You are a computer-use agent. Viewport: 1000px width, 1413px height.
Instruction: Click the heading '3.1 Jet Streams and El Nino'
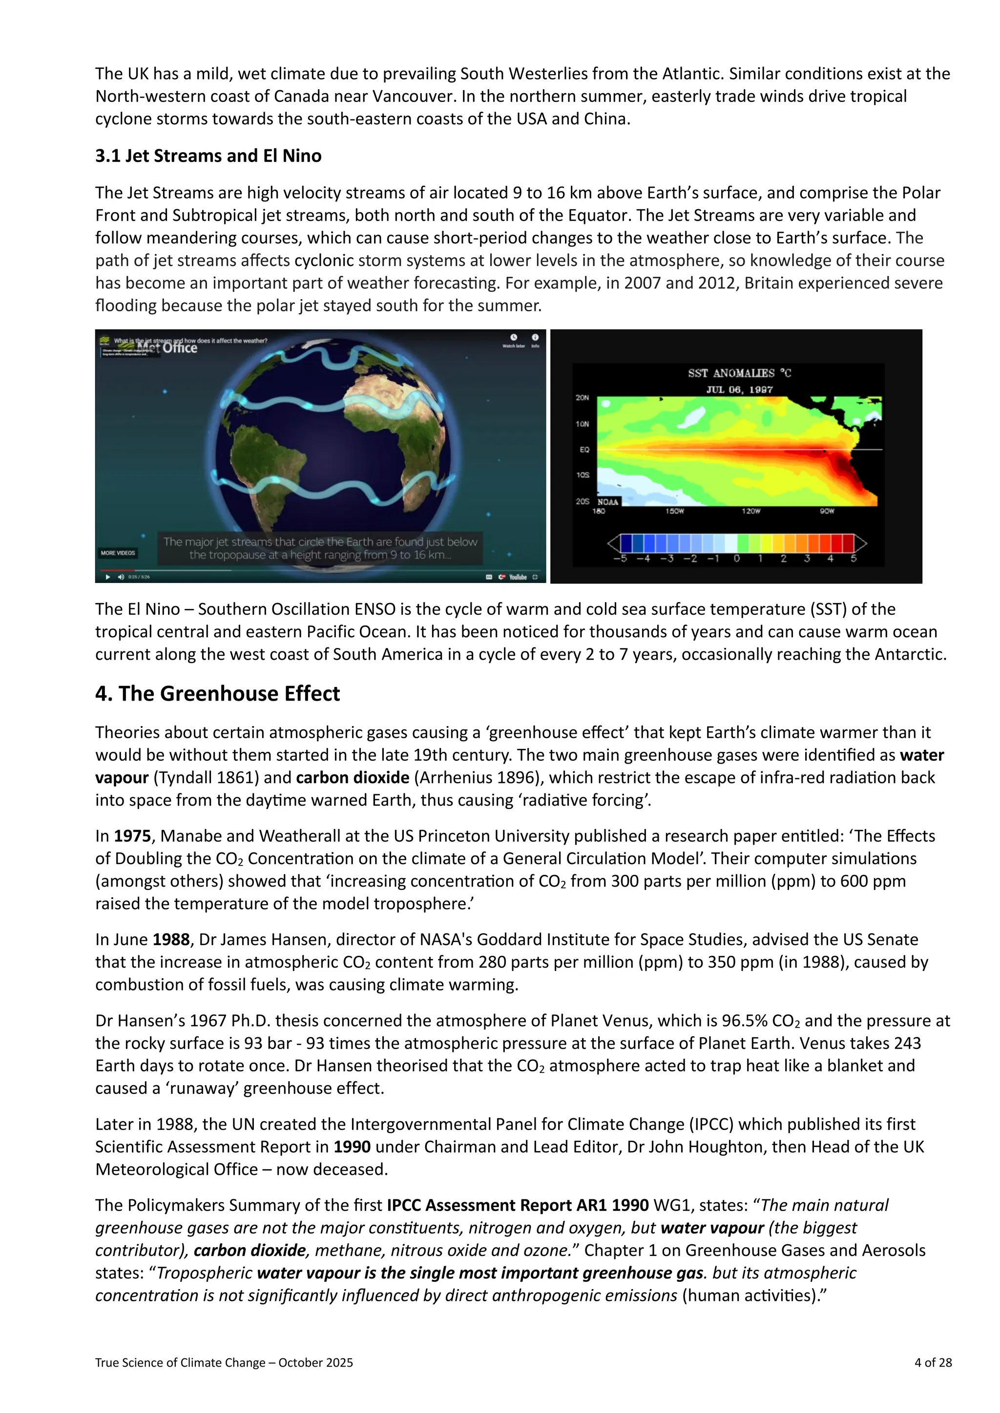208,156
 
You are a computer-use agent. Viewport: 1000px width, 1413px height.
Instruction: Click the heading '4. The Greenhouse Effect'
217,694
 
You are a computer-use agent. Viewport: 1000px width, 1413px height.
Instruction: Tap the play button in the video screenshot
108,577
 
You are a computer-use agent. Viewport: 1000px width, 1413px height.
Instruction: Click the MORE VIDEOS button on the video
118,553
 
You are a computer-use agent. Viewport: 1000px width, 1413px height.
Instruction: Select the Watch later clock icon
514,338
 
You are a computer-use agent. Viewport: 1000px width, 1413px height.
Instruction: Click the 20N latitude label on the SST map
582,398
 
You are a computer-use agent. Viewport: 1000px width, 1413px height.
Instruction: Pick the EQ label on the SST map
584,449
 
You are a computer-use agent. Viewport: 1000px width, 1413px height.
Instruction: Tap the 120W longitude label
750,511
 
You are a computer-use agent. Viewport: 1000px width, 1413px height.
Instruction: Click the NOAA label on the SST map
608,502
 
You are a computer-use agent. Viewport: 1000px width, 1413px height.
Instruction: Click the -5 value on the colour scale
620,559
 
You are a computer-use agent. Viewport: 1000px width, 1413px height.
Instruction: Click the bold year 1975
132,836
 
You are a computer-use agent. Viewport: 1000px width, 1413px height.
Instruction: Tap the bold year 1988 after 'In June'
171,939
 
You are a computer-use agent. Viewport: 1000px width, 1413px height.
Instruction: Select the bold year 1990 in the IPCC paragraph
352,1147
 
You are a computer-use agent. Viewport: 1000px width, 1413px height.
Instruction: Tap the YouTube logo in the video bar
517,577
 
